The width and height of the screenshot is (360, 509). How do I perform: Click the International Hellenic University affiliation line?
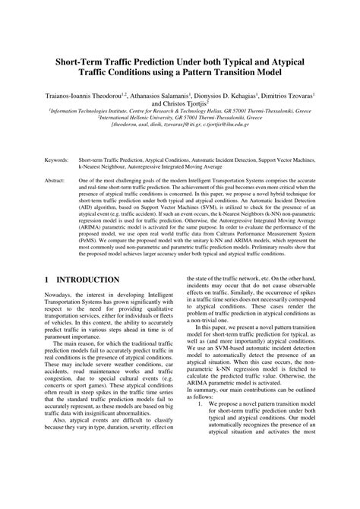pyautogui.click(x=179, y=118)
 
